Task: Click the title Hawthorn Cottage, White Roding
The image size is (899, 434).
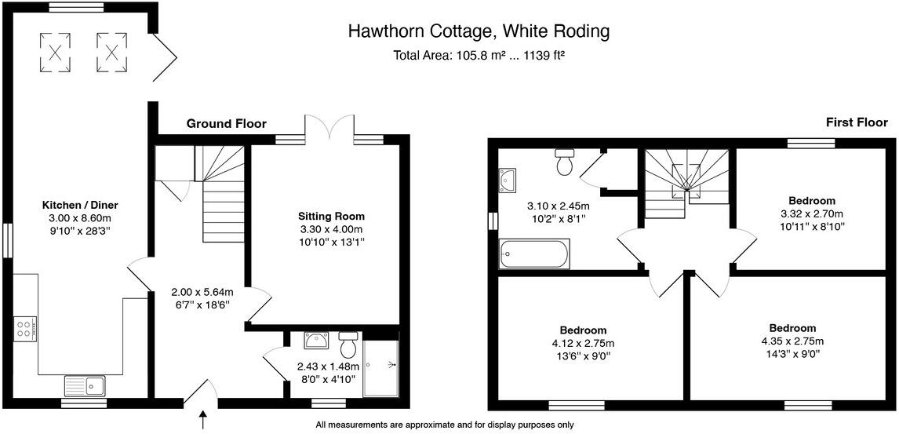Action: click(x=479, y=31)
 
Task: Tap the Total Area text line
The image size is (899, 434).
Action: click(x=479, y=56)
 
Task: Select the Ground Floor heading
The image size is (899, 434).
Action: click(x=226, y=123)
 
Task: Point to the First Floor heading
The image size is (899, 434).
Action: click(x=856, y=122)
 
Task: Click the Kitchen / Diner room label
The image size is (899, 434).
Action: click(x=80, y=205)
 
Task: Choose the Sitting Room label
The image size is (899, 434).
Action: click(x=331, y=216)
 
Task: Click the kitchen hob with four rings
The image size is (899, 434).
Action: click(x=24, y=327)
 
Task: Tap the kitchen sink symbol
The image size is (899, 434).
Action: click(x=85, y=385)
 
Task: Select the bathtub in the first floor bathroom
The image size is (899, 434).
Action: click(x=533, y=254)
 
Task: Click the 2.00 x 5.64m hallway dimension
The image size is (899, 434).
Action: click(x=202, y=293)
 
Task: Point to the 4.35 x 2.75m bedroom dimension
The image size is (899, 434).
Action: click(x=792, y=341)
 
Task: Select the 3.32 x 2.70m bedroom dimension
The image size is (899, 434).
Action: click(x=812, y=213)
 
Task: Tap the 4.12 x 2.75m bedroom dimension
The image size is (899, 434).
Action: click(x=583, y=343)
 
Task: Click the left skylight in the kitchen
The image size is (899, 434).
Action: click(x=56, y=52)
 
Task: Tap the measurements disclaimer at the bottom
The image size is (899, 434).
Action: click(x=444, y=425)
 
